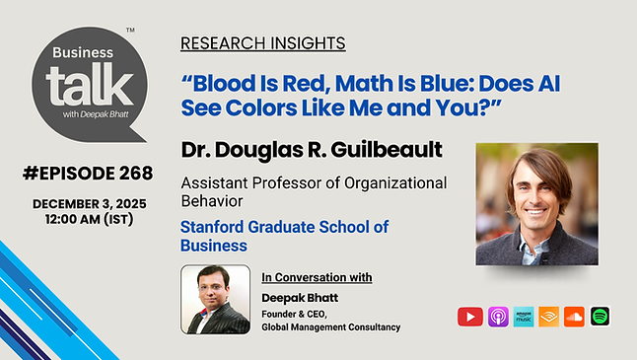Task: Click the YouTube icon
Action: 469,317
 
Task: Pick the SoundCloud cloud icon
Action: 574,317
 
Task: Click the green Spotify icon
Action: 600,317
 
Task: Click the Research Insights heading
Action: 262,43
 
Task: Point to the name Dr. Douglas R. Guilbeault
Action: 312,150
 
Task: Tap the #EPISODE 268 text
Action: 88,174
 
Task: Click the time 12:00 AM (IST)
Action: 88,218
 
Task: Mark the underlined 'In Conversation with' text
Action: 317,277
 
